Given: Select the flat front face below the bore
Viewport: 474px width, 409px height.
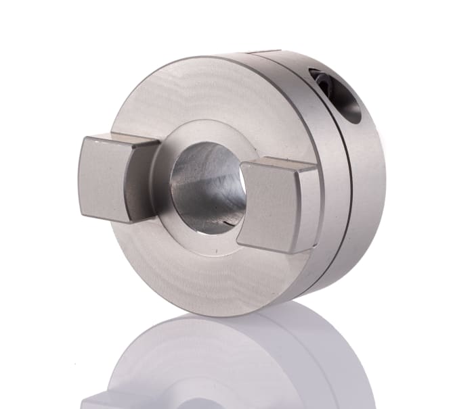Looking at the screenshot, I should (x=196, y=270).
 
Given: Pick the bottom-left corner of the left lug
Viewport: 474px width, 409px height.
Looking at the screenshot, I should (x=85, y=217).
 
